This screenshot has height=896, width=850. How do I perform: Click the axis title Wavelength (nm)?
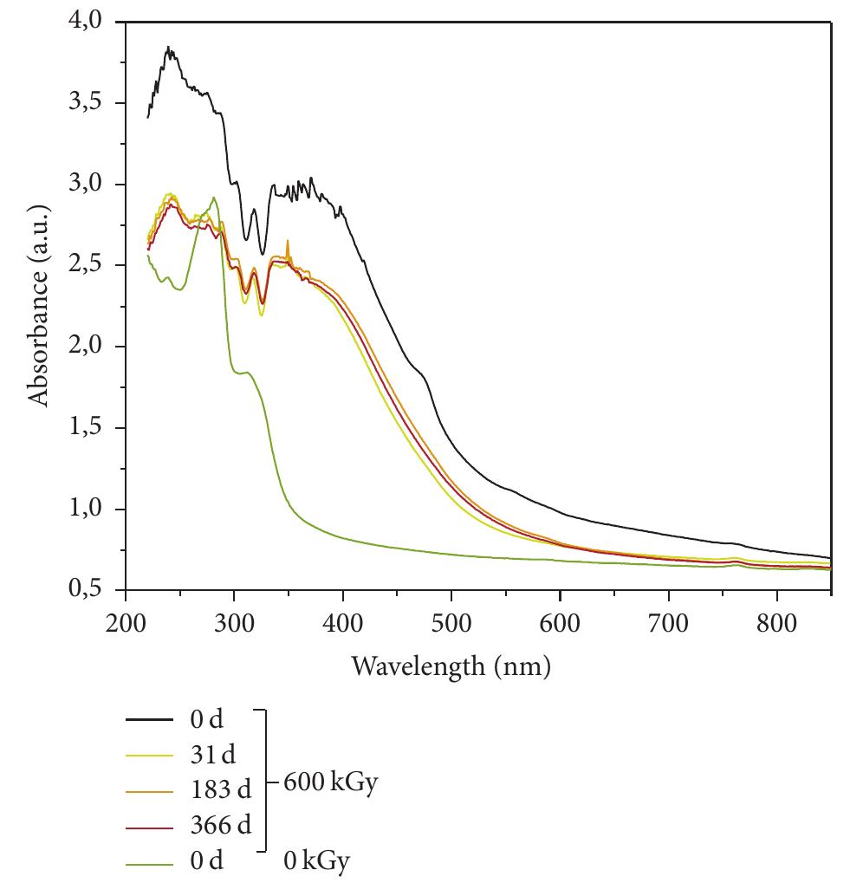pyautogui.click(x=451, y=666)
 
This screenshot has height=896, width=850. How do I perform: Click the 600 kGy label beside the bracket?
pyautogui.click(x=330, y=783)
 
